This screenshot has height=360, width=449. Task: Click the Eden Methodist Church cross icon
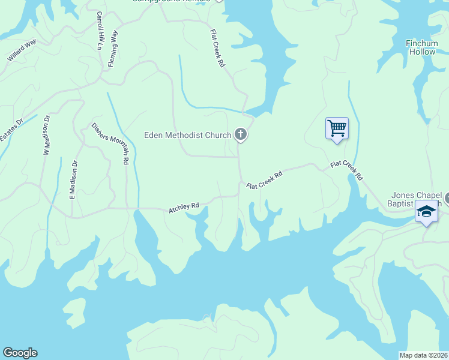pos(241,134)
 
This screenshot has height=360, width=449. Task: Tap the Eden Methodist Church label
pos(187,135)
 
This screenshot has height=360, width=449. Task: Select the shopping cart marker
pos(337,128)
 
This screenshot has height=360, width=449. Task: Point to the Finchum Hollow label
pos(422,47)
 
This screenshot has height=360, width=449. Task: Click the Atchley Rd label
pos(184,207)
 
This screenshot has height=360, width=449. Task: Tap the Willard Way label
pos(22,50)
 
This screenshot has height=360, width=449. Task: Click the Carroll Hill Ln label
pos(99,30)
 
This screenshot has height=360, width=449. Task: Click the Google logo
pos(20,353)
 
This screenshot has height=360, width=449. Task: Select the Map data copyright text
pos(424,355)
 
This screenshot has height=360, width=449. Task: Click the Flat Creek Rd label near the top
pos(217,48)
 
